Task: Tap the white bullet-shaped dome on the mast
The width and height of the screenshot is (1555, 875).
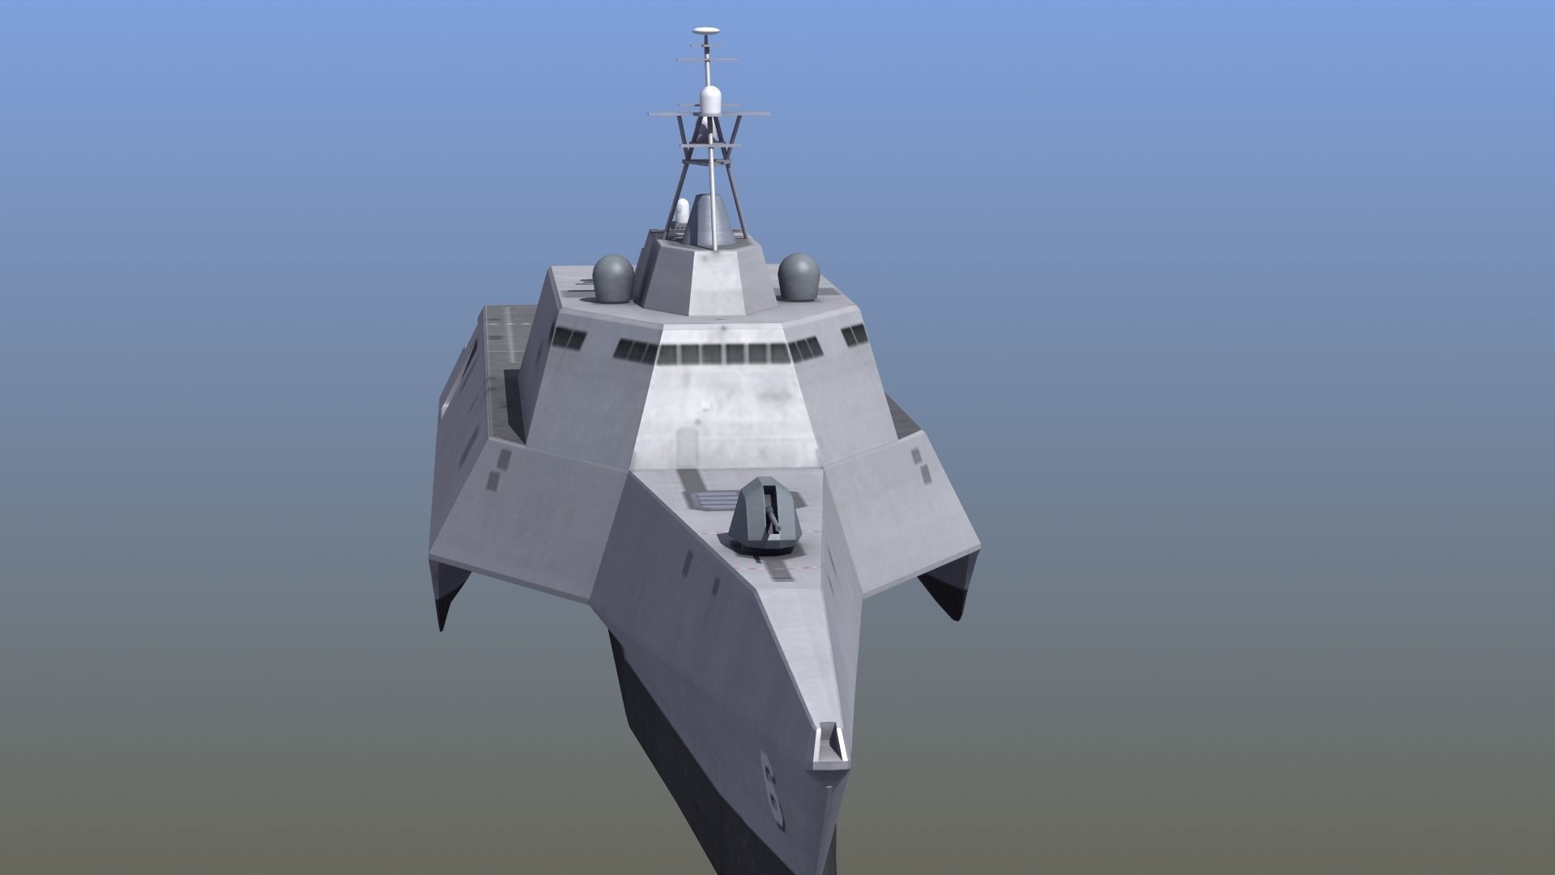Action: pos(710,101)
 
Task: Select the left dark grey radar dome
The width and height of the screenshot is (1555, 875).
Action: pos(613,278)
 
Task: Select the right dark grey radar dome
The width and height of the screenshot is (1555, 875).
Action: pos(799,276)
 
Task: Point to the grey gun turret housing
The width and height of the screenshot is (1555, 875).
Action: pos(765,519)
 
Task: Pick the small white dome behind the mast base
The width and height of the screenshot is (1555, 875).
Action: pos(682,214)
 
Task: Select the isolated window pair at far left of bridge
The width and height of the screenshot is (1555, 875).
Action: pos(569,339)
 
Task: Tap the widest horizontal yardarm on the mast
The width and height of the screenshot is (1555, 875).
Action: pos(710,115)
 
